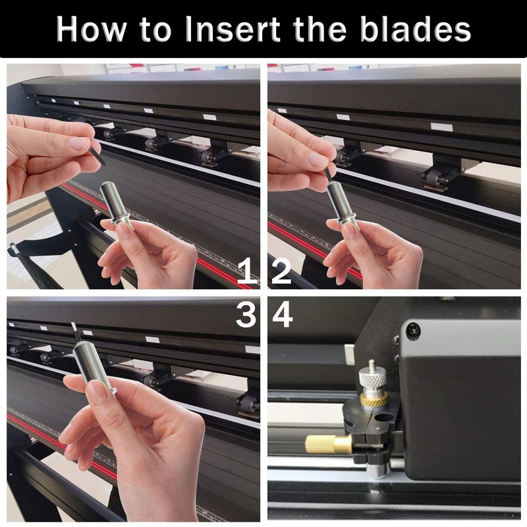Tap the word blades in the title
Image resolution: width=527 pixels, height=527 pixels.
coord(416,29)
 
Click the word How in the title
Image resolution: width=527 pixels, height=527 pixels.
coord(91,29)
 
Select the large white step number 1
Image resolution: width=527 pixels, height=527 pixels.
coord(247,271)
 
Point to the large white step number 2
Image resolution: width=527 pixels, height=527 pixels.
coord(281,271)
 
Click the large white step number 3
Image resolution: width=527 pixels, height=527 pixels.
coord(246,315)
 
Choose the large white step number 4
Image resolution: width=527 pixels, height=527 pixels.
coord(283,315)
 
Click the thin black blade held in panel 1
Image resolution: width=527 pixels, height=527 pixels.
coord(97,153)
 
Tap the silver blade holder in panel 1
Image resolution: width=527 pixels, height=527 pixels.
coord(117,204)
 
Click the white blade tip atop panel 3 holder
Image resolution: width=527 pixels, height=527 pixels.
coord(74,328)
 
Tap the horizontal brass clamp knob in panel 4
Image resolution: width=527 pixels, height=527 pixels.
coord(328,443)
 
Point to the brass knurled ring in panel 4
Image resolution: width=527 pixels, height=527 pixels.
coord(374,399)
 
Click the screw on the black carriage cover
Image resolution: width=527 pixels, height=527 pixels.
coord(413,330)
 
